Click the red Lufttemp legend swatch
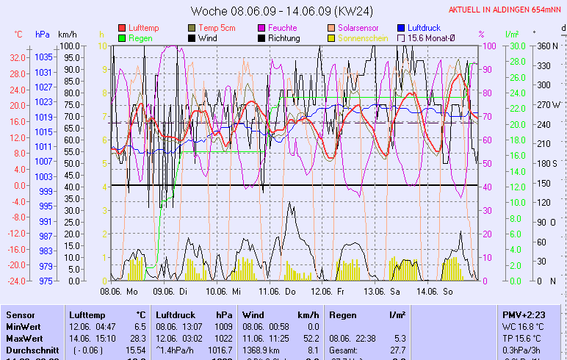point(121,28)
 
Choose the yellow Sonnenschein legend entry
point(363,38)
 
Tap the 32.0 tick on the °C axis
point(18,57)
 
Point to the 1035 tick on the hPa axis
point(43,57)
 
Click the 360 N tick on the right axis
point(548,46)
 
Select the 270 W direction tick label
point(549,104)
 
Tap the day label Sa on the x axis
point(396,291)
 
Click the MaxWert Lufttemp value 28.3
point(139,338)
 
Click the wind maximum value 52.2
point(312,338)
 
